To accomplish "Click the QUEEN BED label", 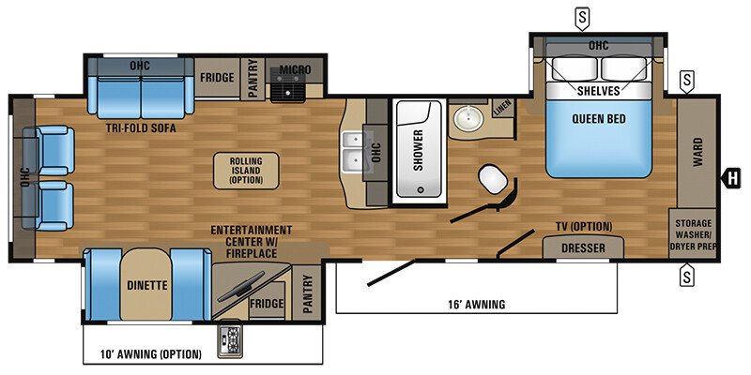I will tap(598, 119).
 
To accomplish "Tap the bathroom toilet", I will tap(492, 178).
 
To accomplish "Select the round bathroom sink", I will tap(467, 119).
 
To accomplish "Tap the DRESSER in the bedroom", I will tap(583, 248).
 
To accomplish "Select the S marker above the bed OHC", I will tap(584, 16).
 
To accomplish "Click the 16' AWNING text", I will tap(474, 304).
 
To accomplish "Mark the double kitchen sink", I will tap(354, 152).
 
